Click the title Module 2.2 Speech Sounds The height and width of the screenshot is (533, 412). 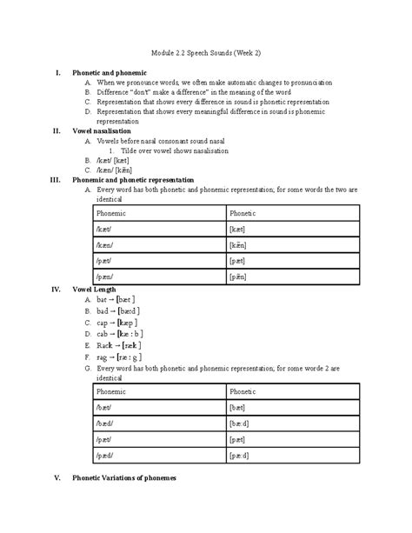(206, 54)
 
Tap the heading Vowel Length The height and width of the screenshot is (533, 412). (94, 289)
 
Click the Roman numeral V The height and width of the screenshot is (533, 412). (56, 478)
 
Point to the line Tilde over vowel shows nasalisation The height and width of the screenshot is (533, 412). (174, 150)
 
